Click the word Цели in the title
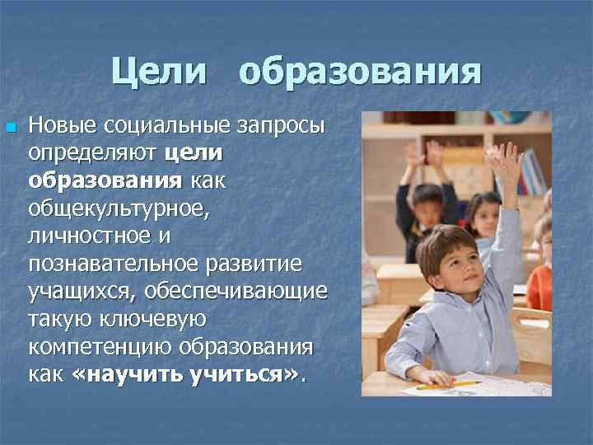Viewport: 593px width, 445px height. tap(160, 72)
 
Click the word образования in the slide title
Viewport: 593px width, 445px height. tap(359, 72)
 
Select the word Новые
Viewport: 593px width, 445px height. tap(61, 126)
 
